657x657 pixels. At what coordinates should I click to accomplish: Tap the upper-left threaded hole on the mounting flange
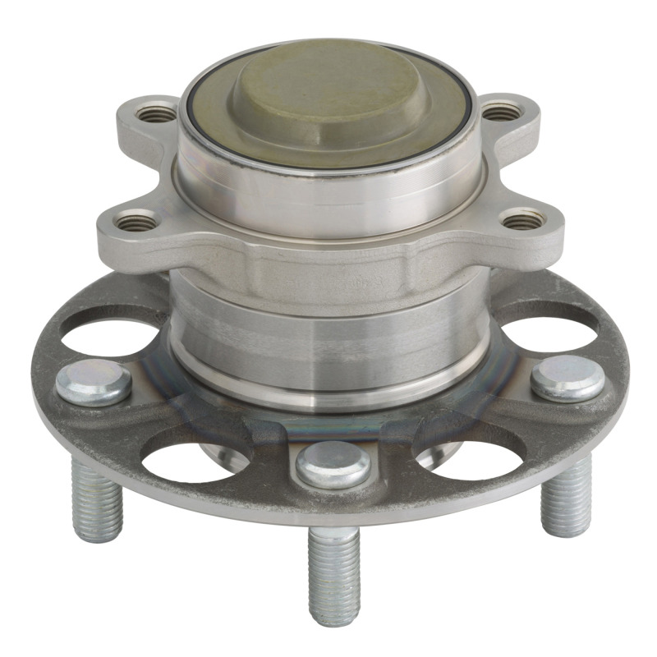coord(156,114)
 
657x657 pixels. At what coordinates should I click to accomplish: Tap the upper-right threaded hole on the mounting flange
coord(502,111)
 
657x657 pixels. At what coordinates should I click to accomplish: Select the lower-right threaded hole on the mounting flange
coord(523,219)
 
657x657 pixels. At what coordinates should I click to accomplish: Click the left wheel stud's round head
coord(94,383)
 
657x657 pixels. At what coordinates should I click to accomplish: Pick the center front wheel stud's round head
coord(333,464)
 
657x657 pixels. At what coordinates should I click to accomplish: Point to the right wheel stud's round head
coord(567,378)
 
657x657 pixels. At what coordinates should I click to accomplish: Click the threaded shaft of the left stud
coord(97,501)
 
